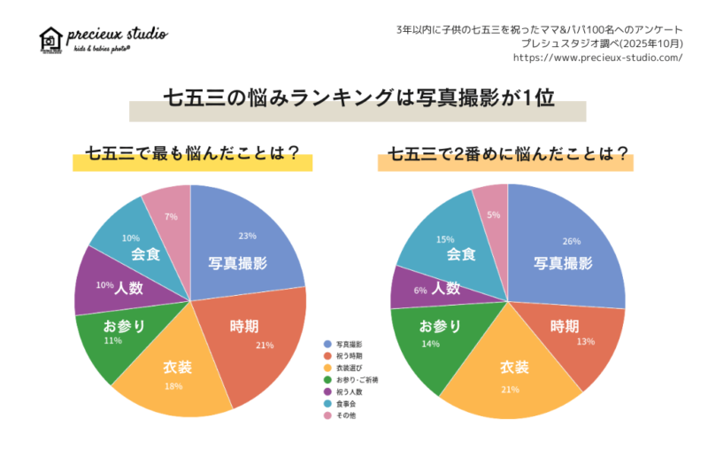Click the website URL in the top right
[597, 58]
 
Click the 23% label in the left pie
[247, 236]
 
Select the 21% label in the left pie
[264, 345]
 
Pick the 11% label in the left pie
[112, 340]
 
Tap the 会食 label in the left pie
[145, 254]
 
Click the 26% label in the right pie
[571, 241]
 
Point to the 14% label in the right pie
[431, 343]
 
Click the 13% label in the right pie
[585, 341]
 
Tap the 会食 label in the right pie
[461, 254]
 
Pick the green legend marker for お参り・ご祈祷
[327, 379]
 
